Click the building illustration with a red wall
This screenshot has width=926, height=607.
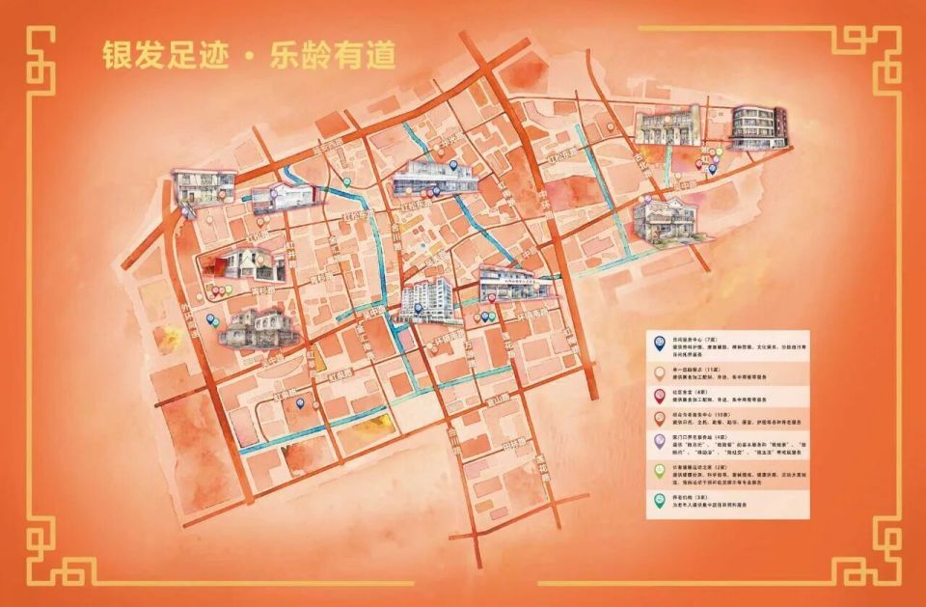[231, 263]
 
